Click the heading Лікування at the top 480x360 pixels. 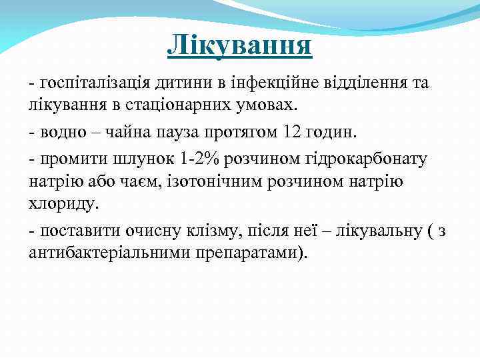(x=239, y=45)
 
